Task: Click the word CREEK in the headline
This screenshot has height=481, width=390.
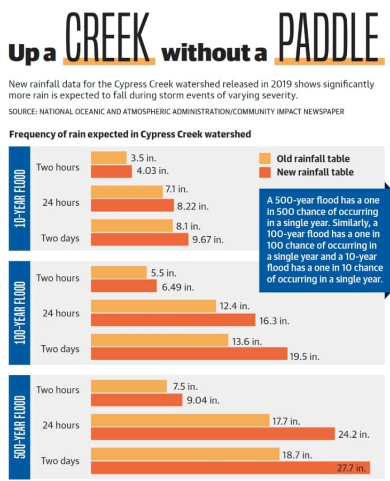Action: click(108, 36)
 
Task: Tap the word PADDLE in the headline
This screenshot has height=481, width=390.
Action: click(329, 36)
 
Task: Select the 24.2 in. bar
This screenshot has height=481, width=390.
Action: click(213, 434)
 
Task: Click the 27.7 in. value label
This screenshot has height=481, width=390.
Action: click(352, 468)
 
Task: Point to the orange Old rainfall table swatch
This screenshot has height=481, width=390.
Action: click(265, 159)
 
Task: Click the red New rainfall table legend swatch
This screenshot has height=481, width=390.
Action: click(265, 173)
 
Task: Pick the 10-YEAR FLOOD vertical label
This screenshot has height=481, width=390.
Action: click(20, 198)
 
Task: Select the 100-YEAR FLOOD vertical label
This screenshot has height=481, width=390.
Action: click(20, 313)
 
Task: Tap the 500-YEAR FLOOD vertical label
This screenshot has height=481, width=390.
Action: click(20, 427)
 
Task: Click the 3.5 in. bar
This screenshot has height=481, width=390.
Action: click(109, 158)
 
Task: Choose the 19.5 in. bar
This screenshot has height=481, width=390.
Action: click(189, 353)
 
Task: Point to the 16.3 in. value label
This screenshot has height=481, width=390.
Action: click(274, 321)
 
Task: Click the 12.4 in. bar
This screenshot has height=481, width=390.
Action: click(153, 306)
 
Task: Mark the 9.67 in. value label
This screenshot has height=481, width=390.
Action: click(208, 239)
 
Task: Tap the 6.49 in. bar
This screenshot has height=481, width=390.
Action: click(124, 285)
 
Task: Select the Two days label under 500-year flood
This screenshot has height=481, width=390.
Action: click(60, 461)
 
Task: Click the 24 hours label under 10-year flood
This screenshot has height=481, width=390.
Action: click(61, 203)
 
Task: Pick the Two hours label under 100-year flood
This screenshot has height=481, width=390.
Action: click(58, 278)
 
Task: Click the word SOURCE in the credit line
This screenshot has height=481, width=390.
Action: click(22, 111)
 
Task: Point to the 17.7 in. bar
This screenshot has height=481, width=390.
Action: click(180, 420)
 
